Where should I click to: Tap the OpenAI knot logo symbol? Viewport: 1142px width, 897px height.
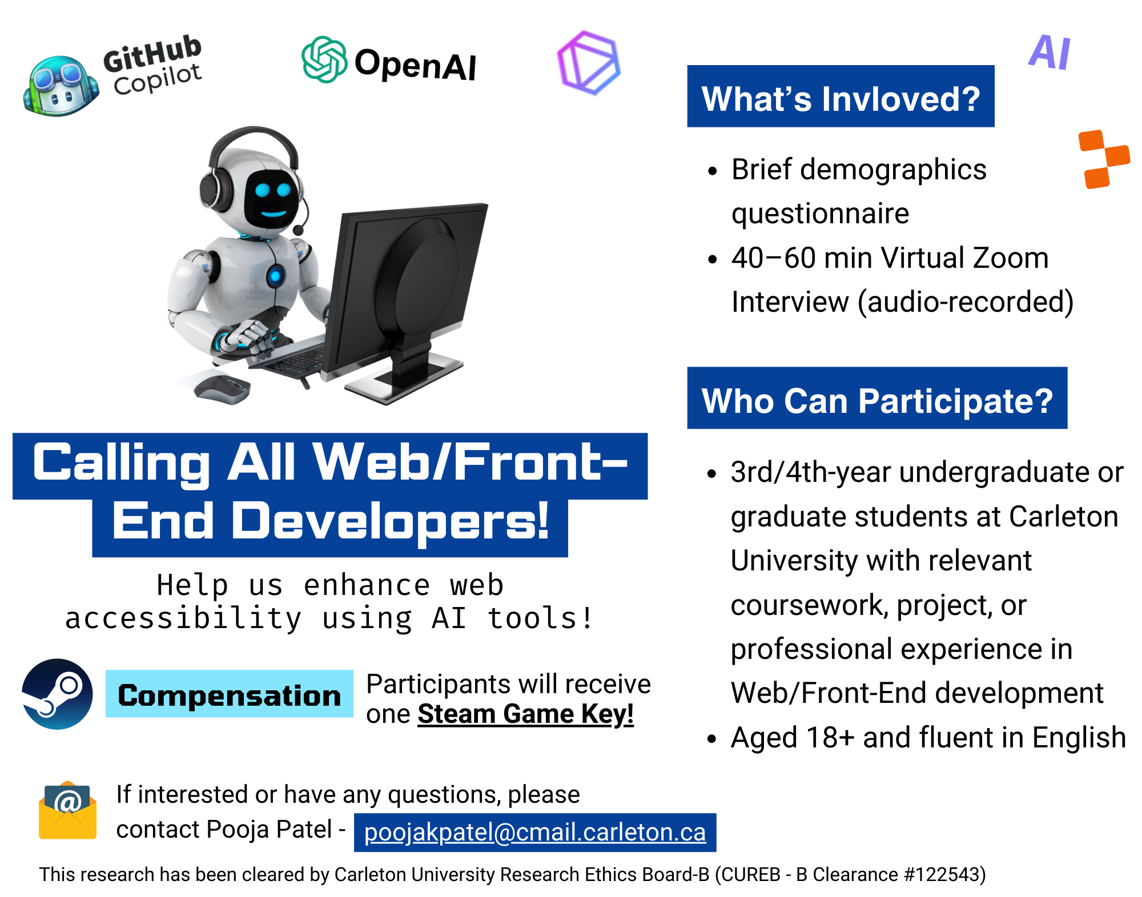(x=324, y=59)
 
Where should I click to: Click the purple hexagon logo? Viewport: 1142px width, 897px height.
(x=588, y=63)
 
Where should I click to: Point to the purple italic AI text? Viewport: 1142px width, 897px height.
(x=1049, y=53)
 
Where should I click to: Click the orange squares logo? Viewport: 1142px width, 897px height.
(x=1103, y=159)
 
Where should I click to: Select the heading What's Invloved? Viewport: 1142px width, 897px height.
(x=840, y=97)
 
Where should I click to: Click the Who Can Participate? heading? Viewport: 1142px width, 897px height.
(x=876, y=399)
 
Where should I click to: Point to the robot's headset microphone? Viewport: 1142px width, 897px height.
(x=298, y=230)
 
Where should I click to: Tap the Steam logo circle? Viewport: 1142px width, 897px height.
(x=57, y=694)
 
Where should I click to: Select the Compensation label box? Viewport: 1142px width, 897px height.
(x=229, y=694)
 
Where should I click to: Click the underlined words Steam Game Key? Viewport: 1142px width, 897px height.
(x=525, y=714)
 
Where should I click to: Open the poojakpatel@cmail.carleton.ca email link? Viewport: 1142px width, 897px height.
(x=534, y=832)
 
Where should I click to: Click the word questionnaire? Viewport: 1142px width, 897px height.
(x=820, y=214)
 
